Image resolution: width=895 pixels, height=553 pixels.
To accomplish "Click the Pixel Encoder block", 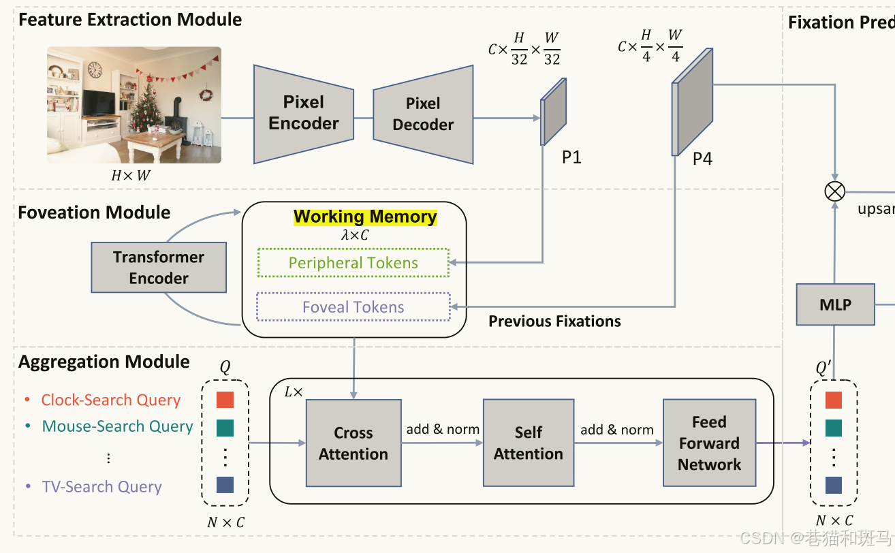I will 304,114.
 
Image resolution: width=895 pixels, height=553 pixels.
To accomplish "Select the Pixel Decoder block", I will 423,114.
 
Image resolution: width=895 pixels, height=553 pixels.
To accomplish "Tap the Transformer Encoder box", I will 159,268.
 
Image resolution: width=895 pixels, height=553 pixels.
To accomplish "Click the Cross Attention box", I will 353,443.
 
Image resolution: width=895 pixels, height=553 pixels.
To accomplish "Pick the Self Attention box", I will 528,443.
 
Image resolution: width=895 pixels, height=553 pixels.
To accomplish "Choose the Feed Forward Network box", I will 709,443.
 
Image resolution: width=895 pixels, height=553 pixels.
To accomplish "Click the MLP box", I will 835,305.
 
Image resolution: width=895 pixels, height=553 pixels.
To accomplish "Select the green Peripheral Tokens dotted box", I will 354,263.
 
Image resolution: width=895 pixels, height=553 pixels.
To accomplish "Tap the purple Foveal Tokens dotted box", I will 354,307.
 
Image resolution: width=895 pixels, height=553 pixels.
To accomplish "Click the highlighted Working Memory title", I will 365,217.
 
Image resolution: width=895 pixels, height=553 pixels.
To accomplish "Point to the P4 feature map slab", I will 693,102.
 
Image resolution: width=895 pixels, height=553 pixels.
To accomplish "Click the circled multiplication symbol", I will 834,191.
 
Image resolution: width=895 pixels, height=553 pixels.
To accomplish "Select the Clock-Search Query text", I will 111,400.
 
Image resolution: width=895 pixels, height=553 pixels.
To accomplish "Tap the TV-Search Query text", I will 102,487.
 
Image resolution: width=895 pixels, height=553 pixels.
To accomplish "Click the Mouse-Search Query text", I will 118,426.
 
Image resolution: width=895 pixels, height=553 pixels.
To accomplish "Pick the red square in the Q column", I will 225,399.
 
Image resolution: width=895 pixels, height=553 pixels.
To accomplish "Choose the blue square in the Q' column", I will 833,485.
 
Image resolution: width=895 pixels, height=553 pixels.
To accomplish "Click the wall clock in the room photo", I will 95,69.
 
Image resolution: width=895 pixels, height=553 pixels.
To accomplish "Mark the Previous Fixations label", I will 554,321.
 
